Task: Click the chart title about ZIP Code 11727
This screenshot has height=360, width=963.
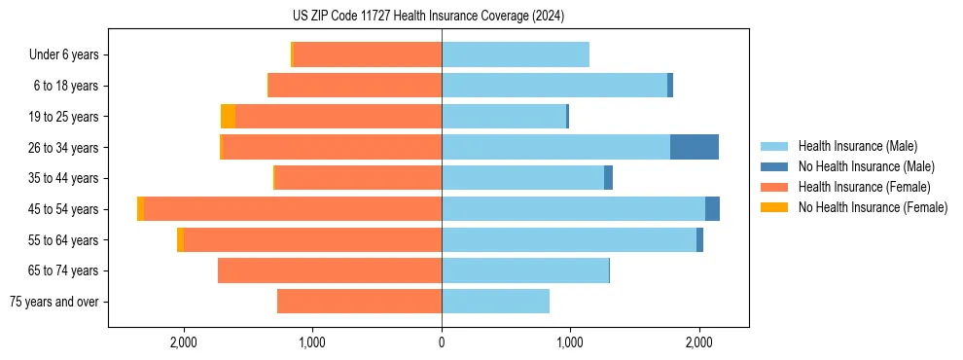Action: [x=428, y=17]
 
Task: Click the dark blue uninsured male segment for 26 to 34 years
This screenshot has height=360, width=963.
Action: [x=694, y=147]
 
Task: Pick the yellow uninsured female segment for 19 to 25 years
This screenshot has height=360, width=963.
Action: [x=228, y=117]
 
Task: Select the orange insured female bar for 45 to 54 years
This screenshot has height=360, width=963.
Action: [x=292, y=209]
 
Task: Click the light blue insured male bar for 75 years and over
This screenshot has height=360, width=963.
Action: [x=495, y=302]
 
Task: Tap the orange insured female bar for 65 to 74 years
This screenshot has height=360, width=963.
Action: [x=330, y=270]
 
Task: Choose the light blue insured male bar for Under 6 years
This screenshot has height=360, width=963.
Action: [x=516, y=55]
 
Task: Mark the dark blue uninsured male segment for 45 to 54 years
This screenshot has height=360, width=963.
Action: [x=712, y=209]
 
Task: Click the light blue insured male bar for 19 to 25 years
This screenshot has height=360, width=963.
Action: [x=504, y=117]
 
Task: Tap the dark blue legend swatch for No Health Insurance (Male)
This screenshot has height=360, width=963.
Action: [x=774, y=166]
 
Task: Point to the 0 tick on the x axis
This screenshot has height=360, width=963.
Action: [x=442, y=342]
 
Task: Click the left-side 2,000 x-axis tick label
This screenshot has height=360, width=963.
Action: [x=184, y=342]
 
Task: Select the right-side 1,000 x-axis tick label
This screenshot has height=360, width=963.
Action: [x=570, y=342]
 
